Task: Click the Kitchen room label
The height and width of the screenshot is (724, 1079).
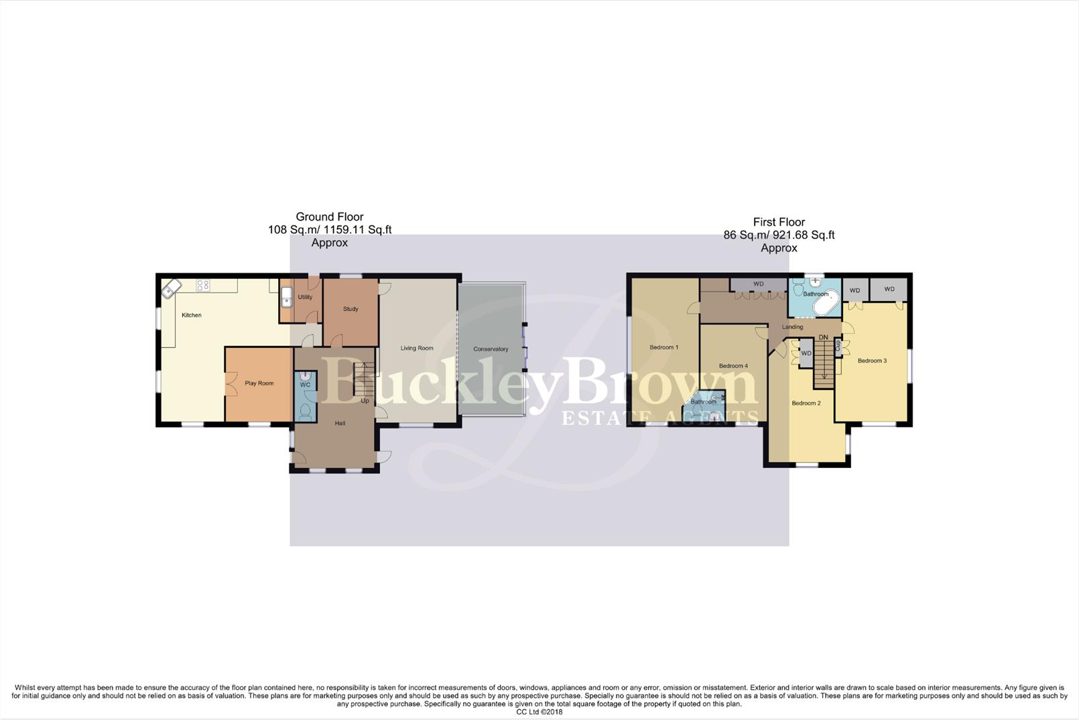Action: pos(192,315)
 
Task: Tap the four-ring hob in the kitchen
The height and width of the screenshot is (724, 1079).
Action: pos(203,285)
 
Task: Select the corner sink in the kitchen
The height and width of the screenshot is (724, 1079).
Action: pos(170,289)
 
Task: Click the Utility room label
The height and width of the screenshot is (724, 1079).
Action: pos(305,297)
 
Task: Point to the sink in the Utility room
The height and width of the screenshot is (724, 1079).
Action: pos(286,296)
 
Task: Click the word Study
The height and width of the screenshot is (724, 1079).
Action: pos(351,309)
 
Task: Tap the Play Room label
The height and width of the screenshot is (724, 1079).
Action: pos(259,383)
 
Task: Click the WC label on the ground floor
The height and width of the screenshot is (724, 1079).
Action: pos(305,385)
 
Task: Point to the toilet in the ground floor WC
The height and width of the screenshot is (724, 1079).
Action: pos(305,410)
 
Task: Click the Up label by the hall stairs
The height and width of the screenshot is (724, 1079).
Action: pos(365,401)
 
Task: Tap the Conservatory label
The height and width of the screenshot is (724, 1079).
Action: pos(491,349)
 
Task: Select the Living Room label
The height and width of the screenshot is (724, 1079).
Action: pos(417,348)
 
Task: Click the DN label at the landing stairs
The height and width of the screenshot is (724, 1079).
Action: pos(823,337)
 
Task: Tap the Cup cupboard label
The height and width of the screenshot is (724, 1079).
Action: pos(838,345)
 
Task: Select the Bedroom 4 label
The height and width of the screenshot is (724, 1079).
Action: pos(733,366)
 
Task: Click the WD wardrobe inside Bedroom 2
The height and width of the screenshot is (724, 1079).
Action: pos(806,353)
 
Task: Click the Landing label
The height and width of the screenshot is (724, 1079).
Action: pos(792,327)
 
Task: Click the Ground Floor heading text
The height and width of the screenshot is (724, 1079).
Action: pos(330,217)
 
